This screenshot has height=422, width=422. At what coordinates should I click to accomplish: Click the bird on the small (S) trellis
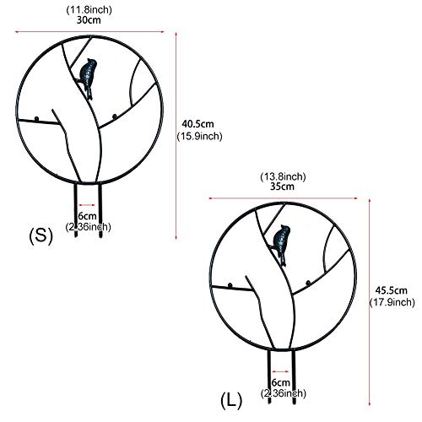click(88, 76)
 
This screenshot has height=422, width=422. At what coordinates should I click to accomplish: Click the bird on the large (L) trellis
click(282, 242)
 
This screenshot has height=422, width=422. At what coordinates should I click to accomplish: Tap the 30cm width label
click(89, 20)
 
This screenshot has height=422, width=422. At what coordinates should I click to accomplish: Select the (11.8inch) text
click(89, 10)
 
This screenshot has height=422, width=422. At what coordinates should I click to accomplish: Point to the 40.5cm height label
click(197, 124)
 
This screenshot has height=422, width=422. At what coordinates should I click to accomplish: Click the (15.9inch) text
click(199, 136)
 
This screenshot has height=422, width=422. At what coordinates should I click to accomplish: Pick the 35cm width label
click(282, 187)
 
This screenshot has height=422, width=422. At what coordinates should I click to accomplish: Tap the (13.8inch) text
click(283, 176)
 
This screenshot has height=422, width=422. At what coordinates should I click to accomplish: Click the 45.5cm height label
click(392, 290)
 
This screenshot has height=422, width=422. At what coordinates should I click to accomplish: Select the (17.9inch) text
click(392, 302)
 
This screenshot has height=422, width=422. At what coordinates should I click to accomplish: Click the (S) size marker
click(41, 235)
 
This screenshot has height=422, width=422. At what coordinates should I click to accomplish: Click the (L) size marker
click(231, 400)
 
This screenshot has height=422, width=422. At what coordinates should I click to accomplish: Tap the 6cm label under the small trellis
click(88, 216)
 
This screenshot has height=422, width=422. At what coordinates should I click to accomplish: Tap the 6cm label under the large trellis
click(281, 382)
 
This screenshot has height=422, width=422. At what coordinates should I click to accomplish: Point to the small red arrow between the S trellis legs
click(87, 205)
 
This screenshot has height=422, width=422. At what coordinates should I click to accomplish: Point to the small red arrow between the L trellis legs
click(280, 371)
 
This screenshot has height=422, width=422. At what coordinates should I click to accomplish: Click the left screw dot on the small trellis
click(36, 119)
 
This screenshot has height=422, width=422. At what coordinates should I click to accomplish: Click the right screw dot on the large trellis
click(308, 283)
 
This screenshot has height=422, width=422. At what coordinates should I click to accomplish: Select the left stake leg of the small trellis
click(75, 210)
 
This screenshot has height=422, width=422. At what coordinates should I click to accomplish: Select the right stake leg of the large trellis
click(294, 377)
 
